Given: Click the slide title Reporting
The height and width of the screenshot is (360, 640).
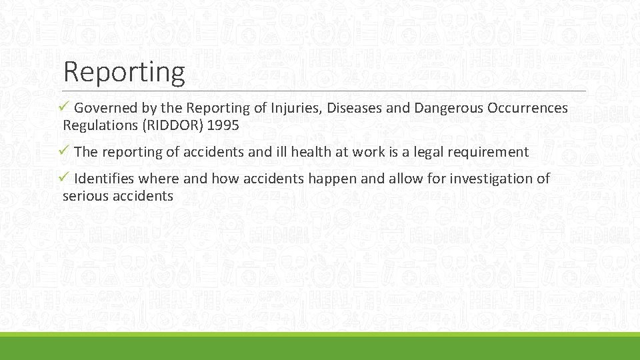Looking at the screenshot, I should [x=123, y=72].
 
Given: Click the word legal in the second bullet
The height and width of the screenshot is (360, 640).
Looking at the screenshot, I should [x=432, y=152].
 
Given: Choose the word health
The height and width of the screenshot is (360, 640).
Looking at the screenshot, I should [x=309, y=152].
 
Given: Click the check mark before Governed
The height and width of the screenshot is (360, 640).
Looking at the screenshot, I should [x=67, y=107].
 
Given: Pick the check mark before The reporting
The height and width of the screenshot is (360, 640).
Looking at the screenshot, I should [x=67, y=151].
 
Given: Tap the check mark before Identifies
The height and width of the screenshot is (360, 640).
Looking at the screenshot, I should [x=67, y=178].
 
